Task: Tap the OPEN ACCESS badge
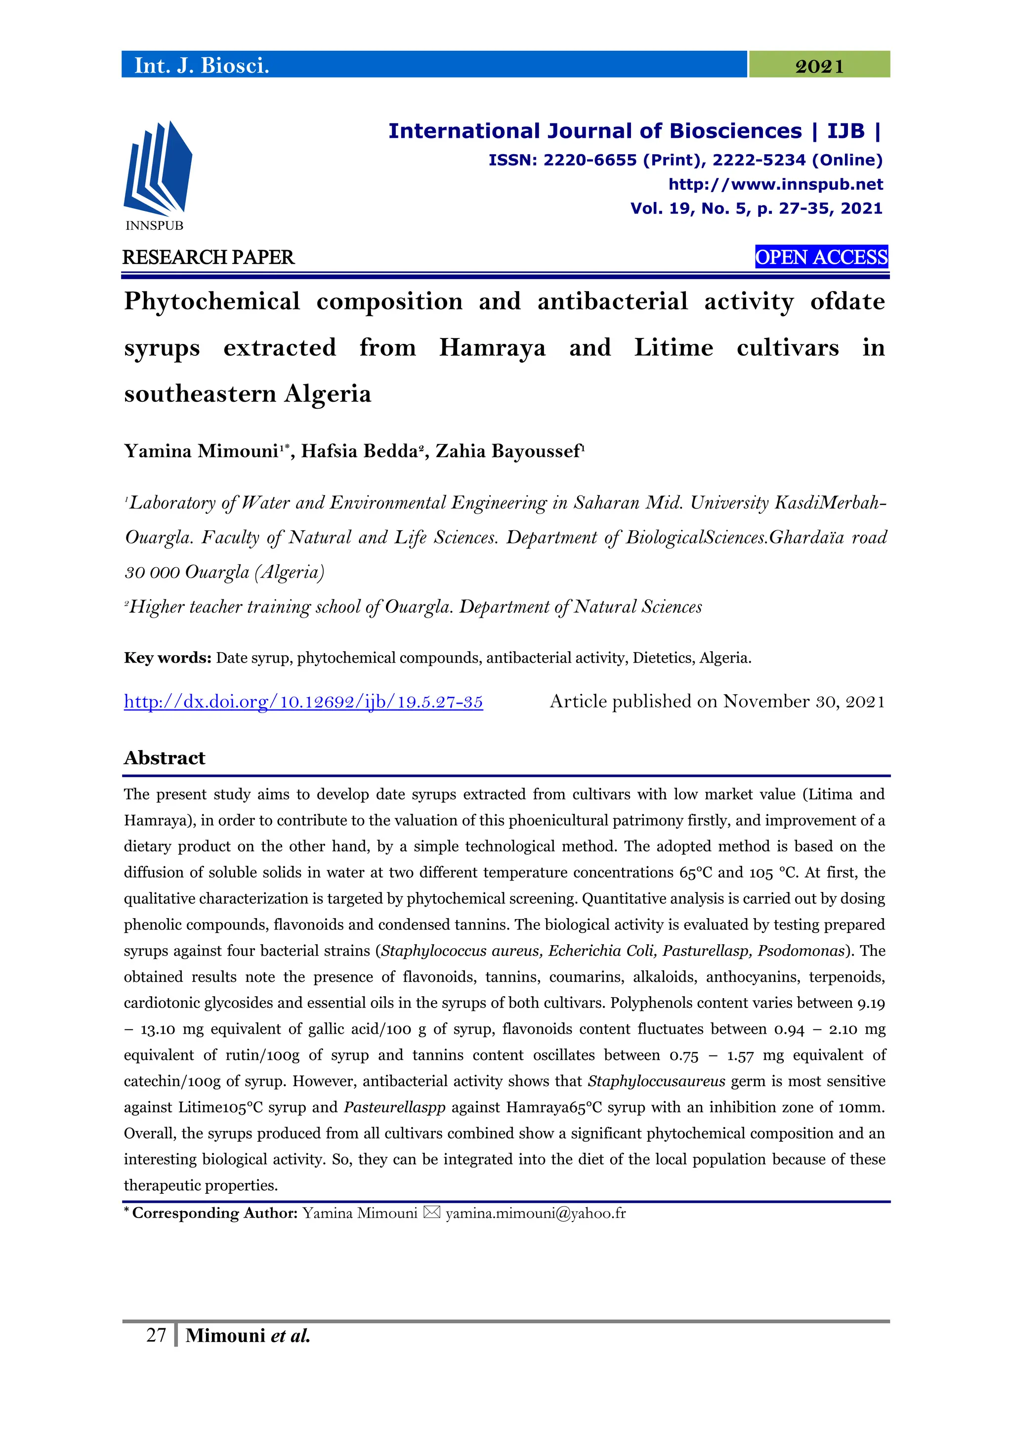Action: tap(821, 257)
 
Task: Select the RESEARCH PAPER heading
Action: tap(208, 257)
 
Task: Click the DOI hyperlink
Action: tap(303, 702)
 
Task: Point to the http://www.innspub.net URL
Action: tap(775, 184)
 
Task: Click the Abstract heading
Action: tap(165, 758)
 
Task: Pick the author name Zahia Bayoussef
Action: tap(508, 451)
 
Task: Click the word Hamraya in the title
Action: tap(492, 348)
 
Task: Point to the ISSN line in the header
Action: tap(685, 160)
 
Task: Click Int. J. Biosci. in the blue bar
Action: tap(201, 65)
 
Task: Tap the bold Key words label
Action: tap(168, 658)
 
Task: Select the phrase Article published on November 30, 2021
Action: tap(717, 702)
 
